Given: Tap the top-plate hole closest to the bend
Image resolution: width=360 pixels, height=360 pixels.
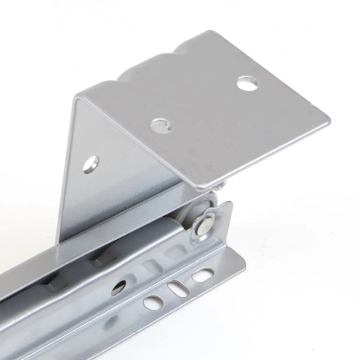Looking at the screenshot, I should click(x=160, y=125).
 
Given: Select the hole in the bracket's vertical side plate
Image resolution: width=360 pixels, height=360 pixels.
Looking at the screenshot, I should click(x=91, y=162).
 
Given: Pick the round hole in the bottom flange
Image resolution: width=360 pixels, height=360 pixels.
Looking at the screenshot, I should click(x=153, y=302).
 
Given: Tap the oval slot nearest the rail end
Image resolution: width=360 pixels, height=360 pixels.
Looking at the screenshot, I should click(x=202, y=276).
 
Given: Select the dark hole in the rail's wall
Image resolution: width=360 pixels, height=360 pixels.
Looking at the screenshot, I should click(x=118, y=286).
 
